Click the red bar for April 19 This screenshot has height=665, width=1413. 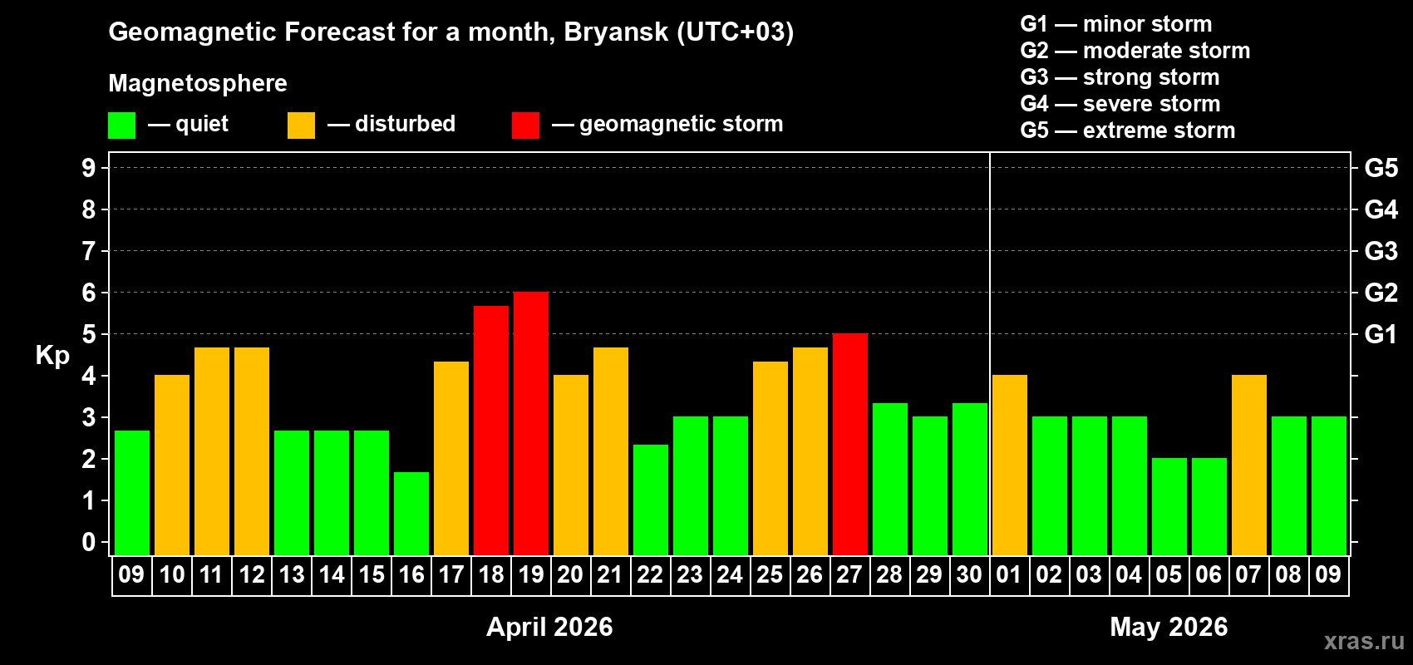530,423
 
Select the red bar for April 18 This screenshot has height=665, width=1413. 490,430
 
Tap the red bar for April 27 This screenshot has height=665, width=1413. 849,444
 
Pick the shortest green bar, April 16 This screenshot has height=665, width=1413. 411,513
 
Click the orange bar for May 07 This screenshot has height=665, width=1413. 1248,465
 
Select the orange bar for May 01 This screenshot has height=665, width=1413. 1009,465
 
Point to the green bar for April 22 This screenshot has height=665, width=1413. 650,500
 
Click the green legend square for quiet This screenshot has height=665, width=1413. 121,126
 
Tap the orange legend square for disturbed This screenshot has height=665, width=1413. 301,126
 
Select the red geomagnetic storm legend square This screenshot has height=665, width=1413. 525,126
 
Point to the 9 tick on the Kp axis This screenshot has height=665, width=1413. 89,168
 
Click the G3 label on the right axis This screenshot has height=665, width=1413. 1381,251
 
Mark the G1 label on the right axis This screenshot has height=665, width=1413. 1381,334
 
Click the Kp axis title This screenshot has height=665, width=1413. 52,356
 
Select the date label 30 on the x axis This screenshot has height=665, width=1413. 969,574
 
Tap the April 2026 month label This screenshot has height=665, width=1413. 549,627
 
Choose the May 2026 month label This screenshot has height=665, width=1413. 1169,627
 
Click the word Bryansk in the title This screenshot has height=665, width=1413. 616,32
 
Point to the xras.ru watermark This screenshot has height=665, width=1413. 1364,641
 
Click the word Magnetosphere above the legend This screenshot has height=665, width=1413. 198,83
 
